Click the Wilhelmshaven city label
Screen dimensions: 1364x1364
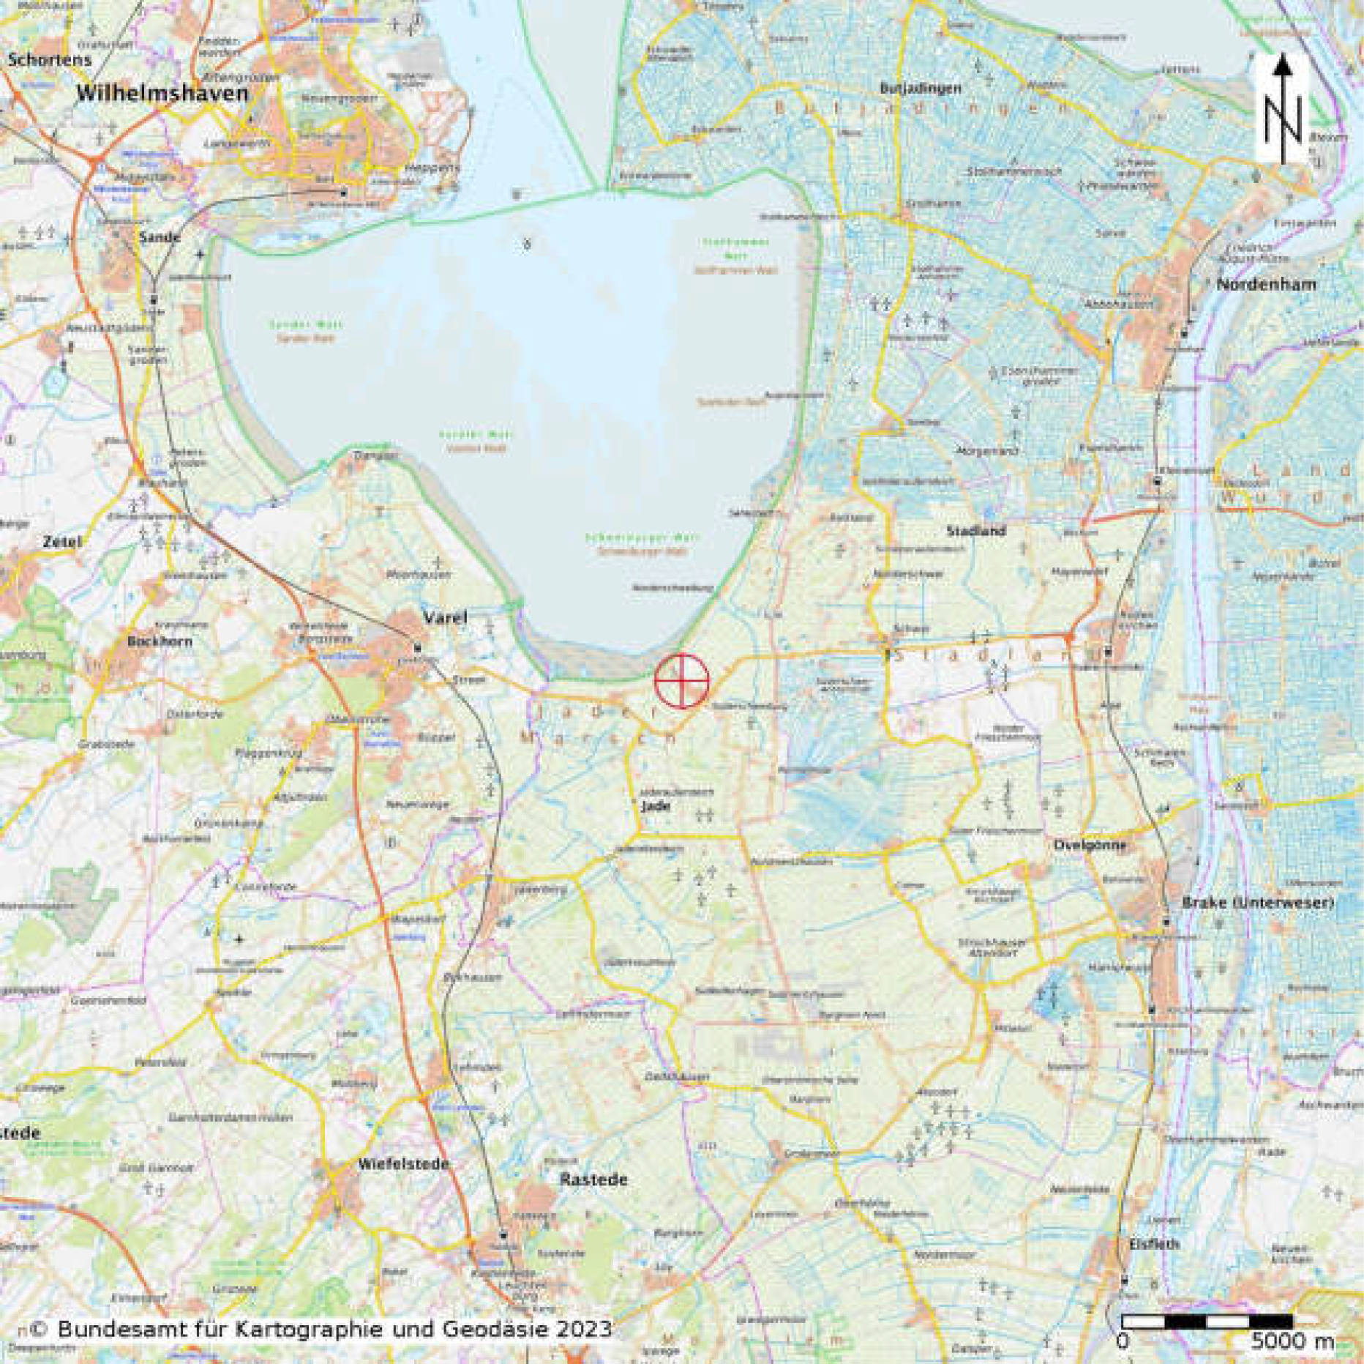coord(162,94)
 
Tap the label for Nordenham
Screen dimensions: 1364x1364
coord(1265,284)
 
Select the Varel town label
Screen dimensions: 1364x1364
coord(445,618)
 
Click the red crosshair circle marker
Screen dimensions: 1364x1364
coord(681,681)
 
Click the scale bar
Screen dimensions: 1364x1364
coord(1207,1322)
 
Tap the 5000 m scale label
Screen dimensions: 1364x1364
coord(1292,1341)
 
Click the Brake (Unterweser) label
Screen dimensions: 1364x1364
coord(1258,903)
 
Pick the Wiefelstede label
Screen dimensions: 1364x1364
coord(404,1163)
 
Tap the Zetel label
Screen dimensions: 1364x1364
coord(62,542)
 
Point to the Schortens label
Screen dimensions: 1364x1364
coord(50,60)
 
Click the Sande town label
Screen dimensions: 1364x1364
coord(160,236)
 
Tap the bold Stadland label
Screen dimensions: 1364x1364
coord(976,530)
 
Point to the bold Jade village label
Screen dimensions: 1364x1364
coord(651,805)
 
